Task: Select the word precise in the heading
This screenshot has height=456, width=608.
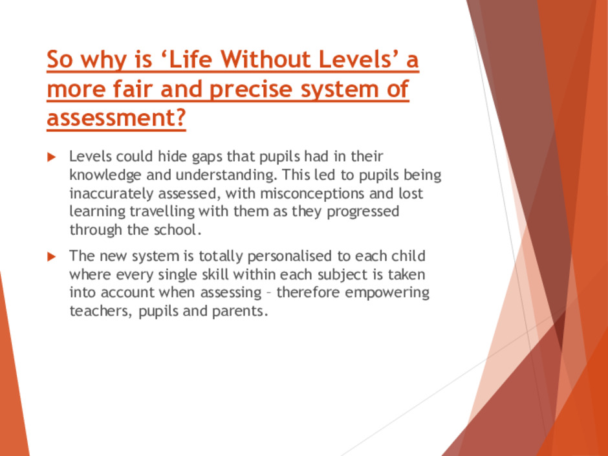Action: pyautogui.click(x=252, y=89)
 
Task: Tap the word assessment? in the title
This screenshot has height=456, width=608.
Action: pyautogui.click(x=116, y=118)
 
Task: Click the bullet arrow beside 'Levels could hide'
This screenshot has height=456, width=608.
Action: pyautogui.click(x=52, y=157)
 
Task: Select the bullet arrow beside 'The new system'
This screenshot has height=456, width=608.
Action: pyautogui.click(x=52, y=256)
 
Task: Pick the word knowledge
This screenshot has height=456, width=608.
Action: pyautogui.click(x=105, y=175)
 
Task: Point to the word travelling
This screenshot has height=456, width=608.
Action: pyautogui.click(x=162, y=212)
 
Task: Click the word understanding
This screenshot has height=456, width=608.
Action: pyautogui.click(x=225, y=175)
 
